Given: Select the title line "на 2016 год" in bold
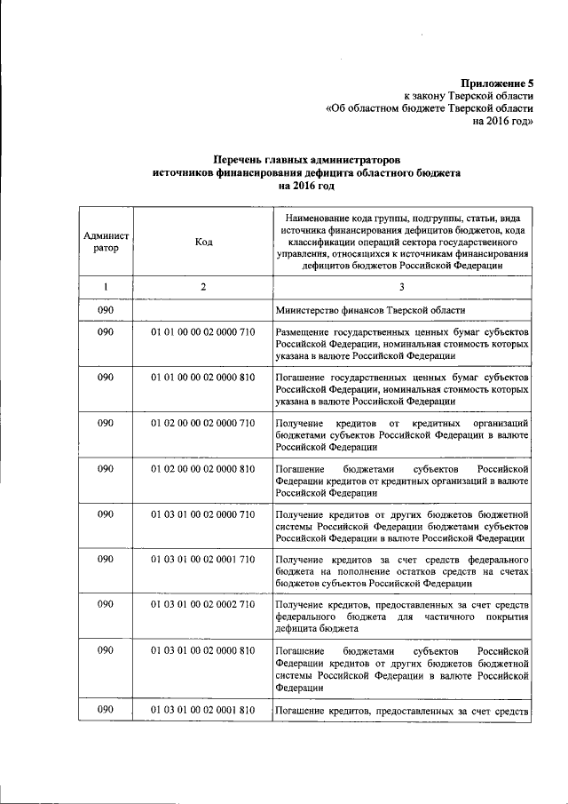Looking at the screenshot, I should tap(305, 187).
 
